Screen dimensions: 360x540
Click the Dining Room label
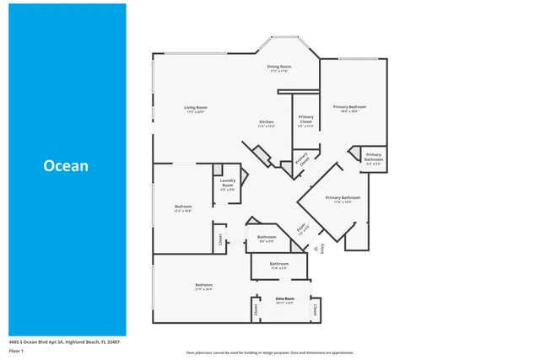(x=280, y=67)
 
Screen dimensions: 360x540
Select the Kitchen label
(x=267, y=123)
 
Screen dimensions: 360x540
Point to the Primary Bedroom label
(x=349, y=108)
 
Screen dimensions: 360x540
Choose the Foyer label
(x=300, y=228)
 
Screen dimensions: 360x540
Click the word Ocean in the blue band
(x=66, y=166)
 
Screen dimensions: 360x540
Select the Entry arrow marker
(x=317, y=238)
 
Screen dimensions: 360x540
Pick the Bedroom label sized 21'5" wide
(x=203, y=287)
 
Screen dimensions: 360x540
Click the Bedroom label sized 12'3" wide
(x=183, y=208)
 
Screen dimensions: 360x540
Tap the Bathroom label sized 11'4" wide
(x=279, y=266)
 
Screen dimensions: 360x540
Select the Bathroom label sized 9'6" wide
(x=267, y=239)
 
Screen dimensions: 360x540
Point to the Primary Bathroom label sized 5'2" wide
(x=375, y=158)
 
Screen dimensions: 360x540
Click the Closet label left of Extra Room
(x=256, y=309)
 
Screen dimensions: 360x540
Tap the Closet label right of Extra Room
(x=315, y=309)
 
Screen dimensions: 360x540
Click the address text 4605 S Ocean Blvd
(x=64, y=342)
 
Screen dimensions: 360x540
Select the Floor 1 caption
(x=17, y=352)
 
